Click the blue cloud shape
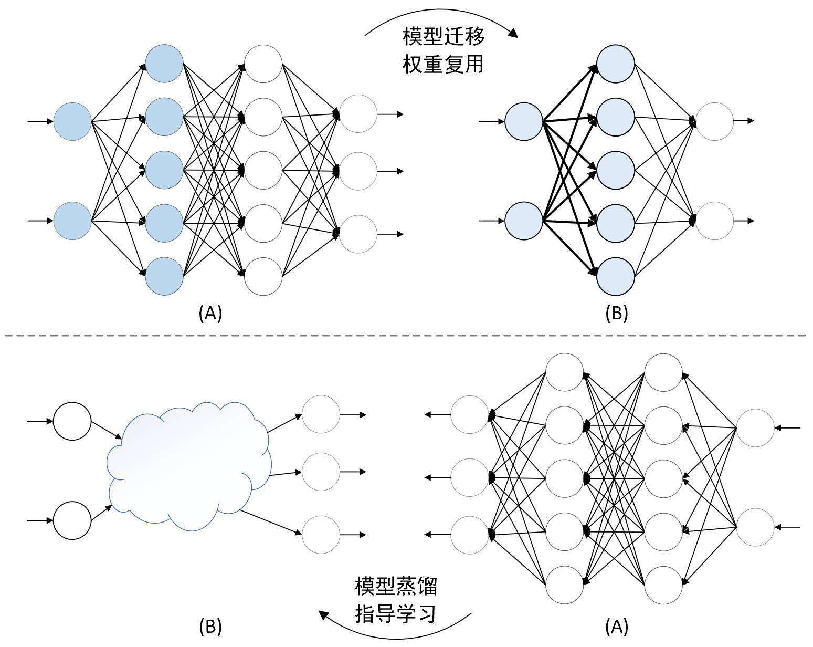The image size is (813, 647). click(189, 466)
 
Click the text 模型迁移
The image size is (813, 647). click(443, 36)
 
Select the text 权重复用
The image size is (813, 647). click(443, 64)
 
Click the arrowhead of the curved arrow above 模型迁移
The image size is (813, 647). click(513, 33)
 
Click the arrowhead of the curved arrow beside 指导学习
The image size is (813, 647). click(324, 615)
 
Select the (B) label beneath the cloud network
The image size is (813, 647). click(210, 627)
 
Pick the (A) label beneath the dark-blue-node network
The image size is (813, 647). click(210, 312)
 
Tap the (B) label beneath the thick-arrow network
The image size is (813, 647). click(617, 312)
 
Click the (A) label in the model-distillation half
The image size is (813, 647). click(617, 627)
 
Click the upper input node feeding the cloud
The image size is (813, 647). click(72, 421)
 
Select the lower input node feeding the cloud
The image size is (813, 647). click(72, 520)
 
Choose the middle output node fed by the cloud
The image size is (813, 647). click(321, 472)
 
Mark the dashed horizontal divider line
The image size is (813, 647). click(405, 336)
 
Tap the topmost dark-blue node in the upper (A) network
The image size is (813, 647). click(164, 64)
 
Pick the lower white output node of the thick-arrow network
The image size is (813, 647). click(714, 221)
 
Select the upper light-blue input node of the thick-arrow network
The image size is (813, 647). click(524, 121)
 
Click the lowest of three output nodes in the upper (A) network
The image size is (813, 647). click(358, 234)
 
